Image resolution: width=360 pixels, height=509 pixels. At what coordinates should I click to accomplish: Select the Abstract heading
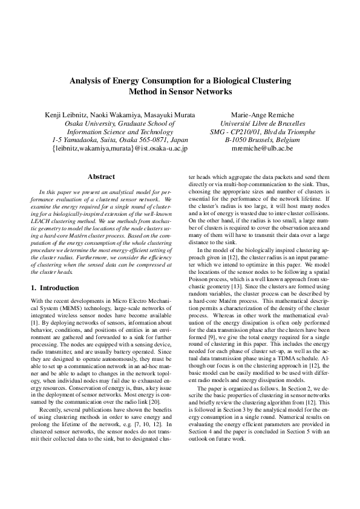(x=101, y=177)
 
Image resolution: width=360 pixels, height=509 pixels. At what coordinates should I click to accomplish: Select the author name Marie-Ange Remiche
(x=262, y=114)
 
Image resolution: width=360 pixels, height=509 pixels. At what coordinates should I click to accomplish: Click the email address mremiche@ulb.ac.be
(x=263, y=147)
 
